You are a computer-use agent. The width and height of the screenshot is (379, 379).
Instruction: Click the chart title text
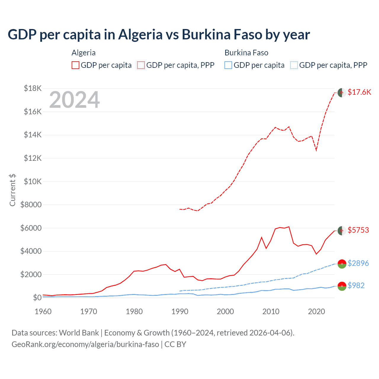[x=159, y=35]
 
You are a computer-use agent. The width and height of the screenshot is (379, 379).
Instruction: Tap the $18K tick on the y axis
[x=33, y=88]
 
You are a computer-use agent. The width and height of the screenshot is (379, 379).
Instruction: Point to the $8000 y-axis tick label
[x=31, y=205]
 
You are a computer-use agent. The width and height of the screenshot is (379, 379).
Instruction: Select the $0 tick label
[x=37, y=298]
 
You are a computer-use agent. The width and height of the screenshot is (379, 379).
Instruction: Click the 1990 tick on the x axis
[x=180, y=311]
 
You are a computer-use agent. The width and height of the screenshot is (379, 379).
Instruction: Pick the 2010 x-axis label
[x=271, y=311]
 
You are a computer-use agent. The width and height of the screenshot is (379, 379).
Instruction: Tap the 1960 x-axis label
[x=43, y=311]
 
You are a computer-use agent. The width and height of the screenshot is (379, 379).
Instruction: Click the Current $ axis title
[x=12, y=190]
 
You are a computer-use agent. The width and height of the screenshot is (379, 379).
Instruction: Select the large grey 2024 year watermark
[x=74, y=100]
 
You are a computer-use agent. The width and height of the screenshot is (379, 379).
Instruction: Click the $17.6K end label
[x=359, y=92]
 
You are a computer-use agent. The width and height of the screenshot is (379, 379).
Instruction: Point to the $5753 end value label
[x=358, y=230]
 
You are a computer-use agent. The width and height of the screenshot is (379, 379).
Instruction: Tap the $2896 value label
[x=358, y=263]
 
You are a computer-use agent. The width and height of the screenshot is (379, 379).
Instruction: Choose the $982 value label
[x=356, y=285]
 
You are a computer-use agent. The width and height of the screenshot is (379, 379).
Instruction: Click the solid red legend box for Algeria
[x=76, y=65]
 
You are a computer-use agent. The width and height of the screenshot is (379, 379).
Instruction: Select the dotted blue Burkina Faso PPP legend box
[x=294, y=65]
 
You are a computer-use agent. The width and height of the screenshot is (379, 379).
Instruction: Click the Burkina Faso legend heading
[x=246, y=53]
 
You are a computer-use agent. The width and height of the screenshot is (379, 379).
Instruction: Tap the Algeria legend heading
[x=83, y=53]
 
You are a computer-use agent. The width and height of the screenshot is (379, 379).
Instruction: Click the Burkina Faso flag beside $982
[x=342, y=286]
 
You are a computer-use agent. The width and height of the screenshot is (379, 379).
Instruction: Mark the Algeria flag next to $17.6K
[x=342, y=92]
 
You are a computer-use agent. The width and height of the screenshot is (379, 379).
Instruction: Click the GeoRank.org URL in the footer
[x=85, y=344]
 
